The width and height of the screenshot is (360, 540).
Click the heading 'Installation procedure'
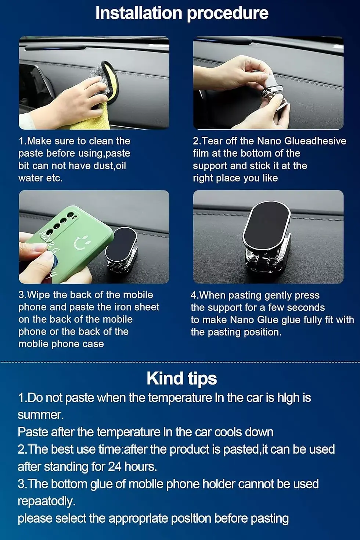point(182,13)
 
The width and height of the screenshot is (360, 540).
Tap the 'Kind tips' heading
point(182,378)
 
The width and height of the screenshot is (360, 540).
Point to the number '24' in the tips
point(115,466)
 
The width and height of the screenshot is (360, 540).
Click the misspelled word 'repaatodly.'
point(46,501)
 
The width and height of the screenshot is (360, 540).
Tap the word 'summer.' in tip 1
point(41,415)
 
